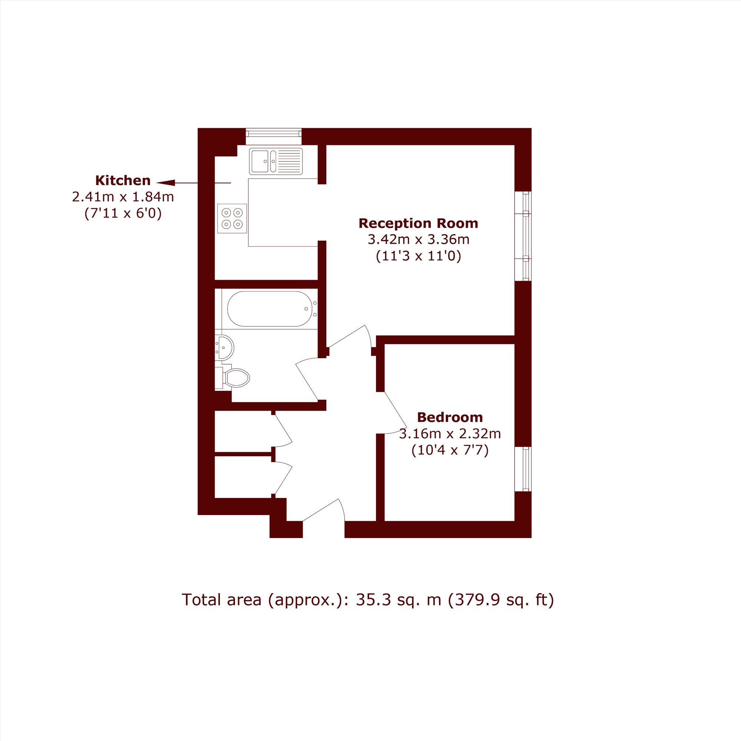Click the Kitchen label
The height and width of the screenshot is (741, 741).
123,180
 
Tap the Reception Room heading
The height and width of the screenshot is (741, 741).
418,223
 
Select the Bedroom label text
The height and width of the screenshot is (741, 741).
450,417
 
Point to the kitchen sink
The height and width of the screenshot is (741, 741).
276,161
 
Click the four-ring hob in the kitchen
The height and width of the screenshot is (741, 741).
232,218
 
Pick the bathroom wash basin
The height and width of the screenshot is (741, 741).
225,347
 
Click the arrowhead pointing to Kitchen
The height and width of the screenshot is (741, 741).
166,183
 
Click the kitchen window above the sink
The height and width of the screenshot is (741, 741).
273,133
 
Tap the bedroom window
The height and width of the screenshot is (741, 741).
523,469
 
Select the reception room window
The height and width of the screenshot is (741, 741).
523,236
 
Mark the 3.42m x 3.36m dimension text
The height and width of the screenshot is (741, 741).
418,239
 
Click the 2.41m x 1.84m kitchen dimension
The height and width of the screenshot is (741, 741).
123,197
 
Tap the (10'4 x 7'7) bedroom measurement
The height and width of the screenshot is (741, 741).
450,449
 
